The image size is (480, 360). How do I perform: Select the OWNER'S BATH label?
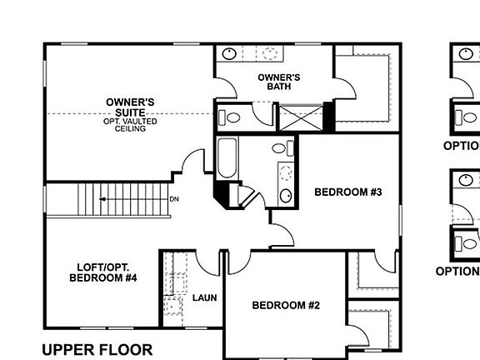pos(278,82)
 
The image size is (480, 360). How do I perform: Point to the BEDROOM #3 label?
pos(347,192)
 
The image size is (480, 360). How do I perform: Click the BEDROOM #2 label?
pos(286,305)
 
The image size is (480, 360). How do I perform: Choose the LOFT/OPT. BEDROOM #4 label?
pos(102,272)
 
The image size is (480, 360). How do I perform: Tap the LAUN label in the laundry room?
pos(204,297)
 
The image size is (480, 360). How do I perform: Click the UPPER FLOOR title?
pos(97,349)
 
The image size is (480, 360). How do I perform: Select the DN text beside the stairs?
pos(174,199)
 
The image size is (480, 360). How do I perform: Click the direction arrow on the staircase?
pos(104,199)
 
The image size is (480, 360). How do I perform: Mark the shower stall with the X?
pos(300,117)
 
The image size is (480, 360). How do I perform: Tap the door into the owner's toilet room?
pos(262,114)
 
